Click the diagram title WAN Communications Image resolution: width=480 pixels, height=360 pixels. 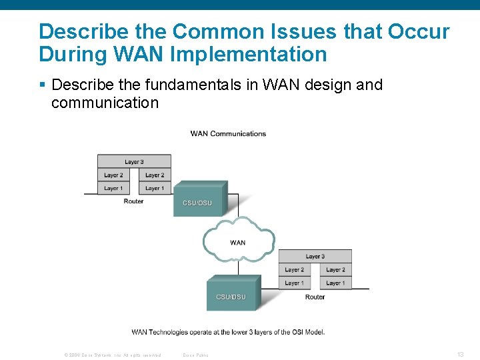click(x=228, y=133)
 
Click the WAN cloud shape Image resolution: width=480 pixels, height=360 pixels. click(x=238, y=241)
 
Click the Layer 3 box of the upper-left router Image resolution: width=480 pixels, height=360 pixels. click(x=134, y=161)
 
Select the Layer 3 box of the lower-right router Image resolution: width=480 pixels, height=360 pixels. click(x=315, y=256)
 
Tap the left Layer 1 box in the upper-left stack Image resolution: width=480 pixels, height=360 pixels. click(x=113, y=188)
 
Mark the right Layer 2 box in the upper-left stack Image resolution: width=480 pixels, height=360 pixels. click(x=155, y=175)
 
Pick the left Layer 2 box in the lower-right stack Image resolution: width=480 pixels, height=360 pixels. click(x=294, y=269)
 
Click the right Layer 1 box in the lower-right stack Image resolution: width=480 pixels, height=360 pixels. click(x=335, y=283)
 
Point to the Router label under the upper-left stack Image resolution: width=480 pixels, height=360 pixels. click(x=133, y=201)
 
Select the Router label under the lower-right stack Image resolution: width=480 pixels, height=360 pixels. click(x=315, y=297)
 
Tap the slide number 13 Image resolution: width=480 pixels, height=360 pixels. click(x=460, y=354)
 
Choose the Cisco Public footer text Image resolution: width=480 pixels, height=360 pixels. click(x=195, y=355)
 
